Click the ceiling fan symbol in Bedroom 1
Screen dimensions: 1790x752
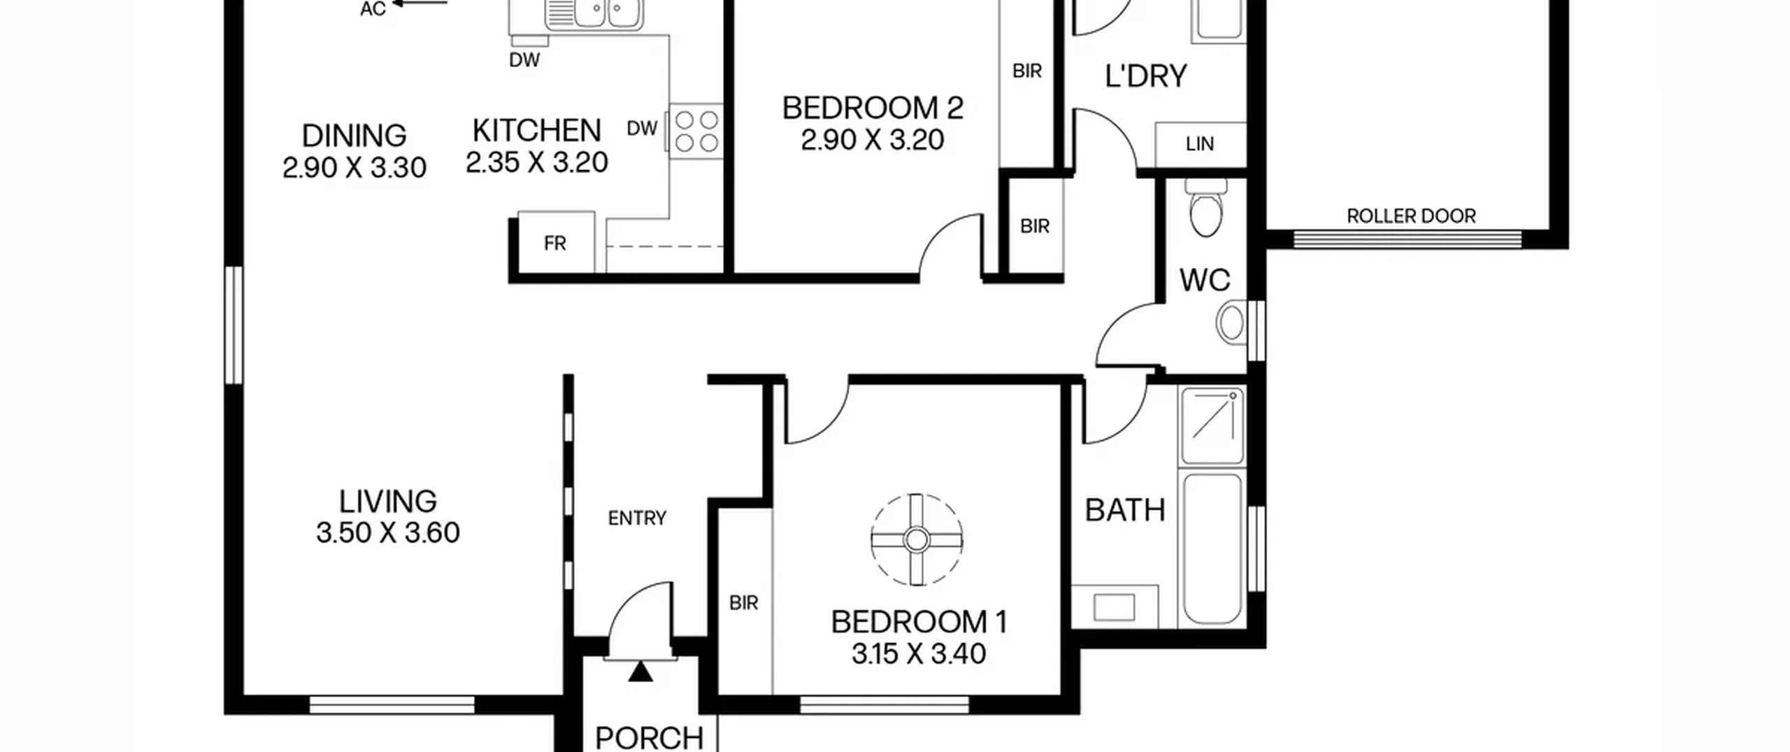click(x=916, y=539)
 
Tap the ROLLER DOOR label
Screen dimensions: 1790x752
click(x=1411, y=216)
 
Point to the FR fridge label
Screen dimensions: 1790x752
click(x=554, y=243)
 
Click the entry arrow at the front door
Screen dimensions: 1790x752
click(x=640, y=672)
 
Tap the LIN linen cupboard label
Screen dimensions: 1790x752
click(x=1199, y=144)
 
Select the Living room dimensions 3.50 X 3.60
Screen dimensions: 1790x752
click(x=388, y=533)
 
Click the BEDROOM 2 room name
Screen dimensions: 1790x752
click(x=873, y=108)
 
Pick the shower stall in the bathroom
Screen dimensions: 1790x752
click(x=1212, y=426)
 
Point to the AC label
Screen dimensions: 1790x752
click(x=373, y=9)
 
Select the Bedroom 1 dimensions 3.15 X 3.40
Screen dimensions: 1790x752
click(x=919, y=654)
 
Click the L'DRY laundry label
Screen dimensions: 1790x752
click(x=1146, y=76)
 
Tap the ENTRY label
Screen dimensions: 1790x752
click(x=637, y=518)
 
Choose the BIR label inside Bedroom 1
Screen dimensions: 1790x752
click(x=743, y=603)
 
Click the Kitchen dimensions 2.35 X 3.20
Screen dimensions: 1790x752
click(x=537, y=163)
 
